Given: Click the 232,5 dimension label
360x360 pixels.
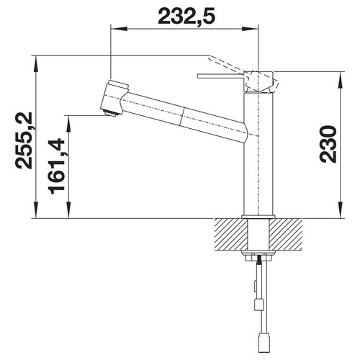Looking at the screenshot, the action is point(186,16).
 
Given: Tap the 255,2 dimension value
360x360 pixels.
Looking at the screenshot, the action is point(24,140).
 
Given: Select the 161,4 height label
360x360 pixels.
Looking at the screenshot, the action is point(56,166).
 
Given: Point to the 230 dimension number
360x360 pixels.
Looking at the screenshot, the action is point(328,144).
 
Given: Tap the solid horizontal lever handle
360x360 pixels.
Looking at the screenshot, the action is point(221,76).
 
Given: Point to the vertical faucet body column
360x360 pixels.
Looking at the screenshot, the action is point(258,153).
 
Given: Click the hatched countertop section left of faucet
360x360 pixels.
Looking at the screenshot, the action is point(231,235).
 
